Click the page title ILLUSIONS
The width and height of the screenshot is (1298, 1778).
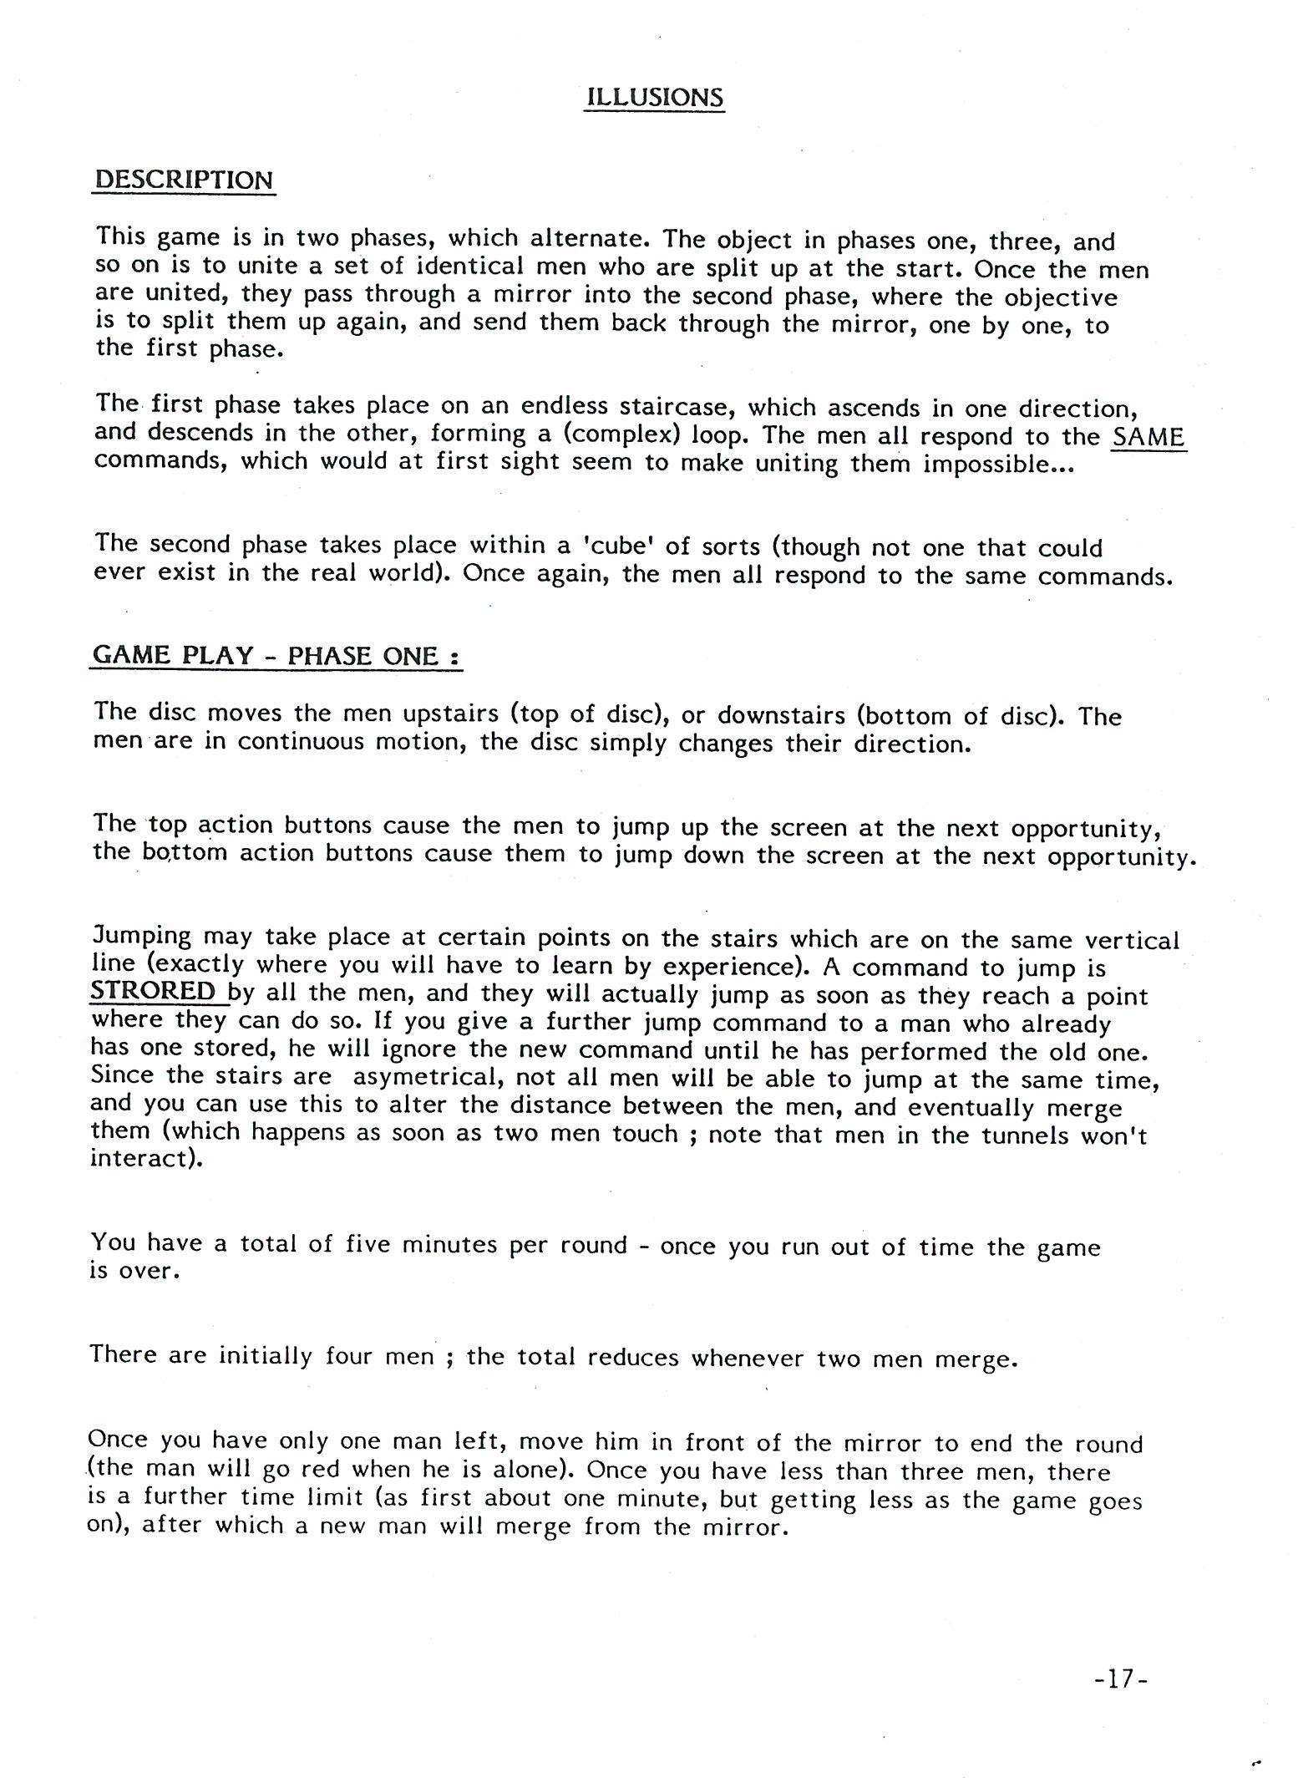tap(654, 97)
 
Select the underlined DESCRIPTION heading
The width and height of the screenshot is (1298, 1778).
tap(184, 180)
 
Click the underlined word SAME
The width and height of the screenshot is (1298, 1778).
tap(1148, 436)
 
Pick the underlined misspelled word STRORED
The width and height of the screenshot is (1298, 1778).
tap(154, 992)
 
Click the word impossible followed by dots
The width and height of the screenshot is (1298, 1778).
tap(997, 464)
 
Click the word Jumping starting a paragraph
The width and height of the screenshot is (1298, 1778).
tap(141, 937)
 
